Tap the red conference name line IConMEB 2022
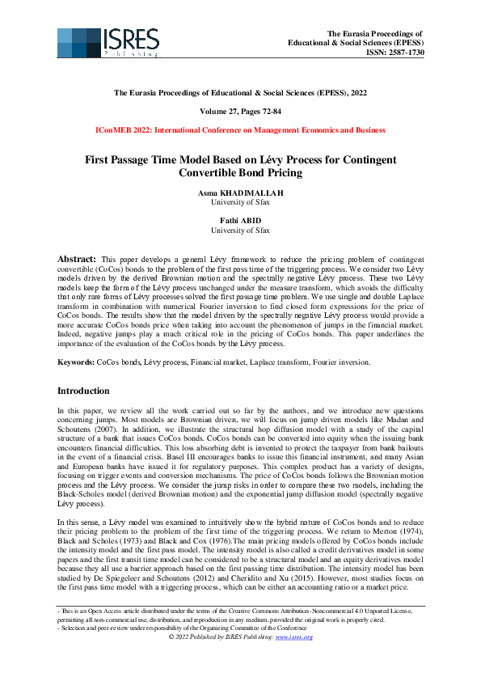pos(240,129)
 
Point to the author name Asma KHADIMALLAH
pos(240,195)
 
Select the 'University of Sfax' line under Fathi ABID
pos(240,231)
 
